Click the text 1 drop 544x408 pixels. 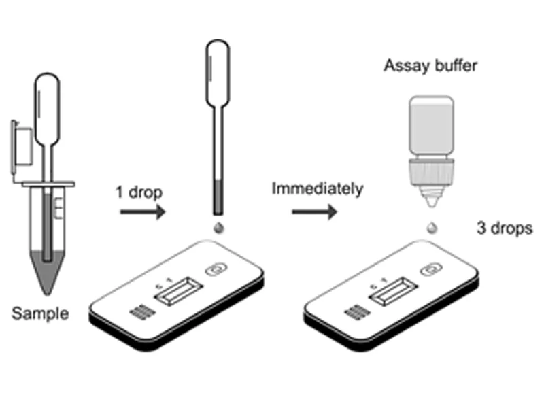(x=138, y=192)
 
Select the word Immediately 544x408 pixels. (x=317, y=188)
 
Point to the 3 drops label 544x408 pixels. (x=504, y=229)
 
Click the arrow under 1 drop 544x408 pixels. (x=143, y=213)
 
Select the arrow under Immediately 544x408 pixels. (x=315, y=212)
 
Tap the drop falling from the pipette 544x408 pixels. (x=218, y=229)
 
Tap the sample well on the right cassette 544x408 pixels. (x=431, y=269)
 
